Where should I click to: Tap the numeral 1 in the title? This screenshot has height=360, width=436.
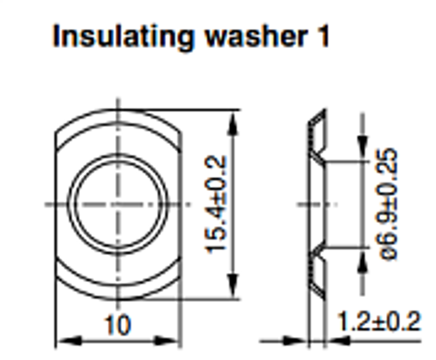coord(323,36)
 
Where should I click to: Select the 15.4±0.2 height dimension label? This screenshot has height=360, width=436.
coord(216,205)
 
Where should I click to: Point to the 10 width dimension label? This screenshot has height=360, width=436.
coord(117,325)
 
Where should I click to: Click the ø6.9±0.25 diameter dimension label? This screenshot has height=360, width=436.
coord(386,205)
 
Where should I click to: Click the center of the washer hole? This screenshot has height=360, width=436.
coord(118,205)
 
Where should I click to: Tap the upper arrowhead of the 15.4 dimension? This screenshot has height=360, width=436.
coord(233,123)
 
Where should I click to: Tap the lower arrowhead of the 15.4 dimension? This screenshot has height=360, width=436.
coord(233,287)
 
